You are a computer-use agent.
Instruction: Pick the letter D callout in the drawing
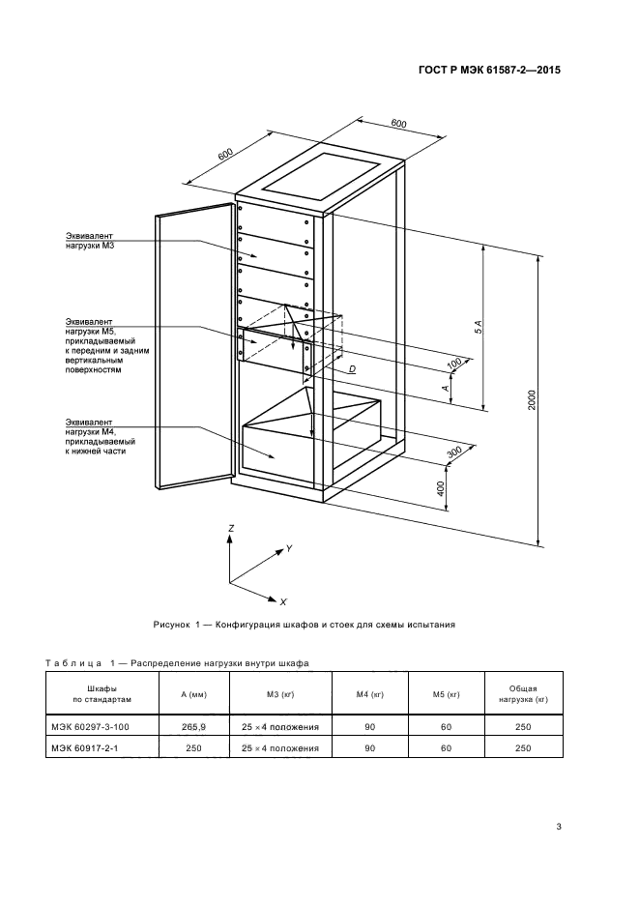pyautogui.click(x=352, y=370)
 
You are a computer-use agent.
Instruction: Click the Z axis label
pyautogui.click(x=230, y=529)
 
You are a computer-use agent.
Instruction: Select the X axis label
pyautogui.click(x=282, y=601)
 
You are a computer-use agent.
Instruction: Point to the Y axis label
pyautogui.click(x=289, y=549)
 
